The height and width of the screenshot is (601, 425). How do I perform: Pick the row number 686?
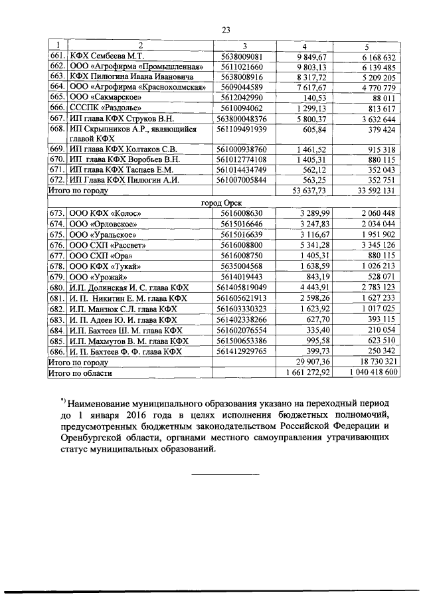[56, 351]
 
